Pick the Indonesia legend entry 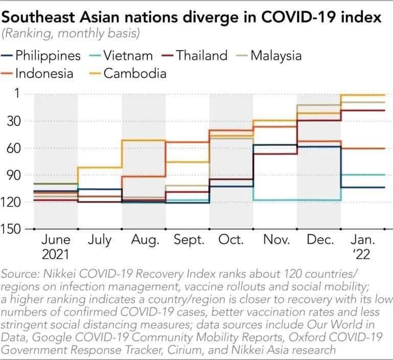pyautogui.click(x=44, y=73)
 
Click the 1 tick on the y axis pyautogui.click(x=17, y=94)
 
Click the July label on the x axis pyautogui.click(x=99, y=240)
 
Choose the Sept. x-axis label pyautogui.click(x=189, y=240)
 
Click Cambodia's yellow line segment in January pyautogui.click(x=363, y=95)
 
